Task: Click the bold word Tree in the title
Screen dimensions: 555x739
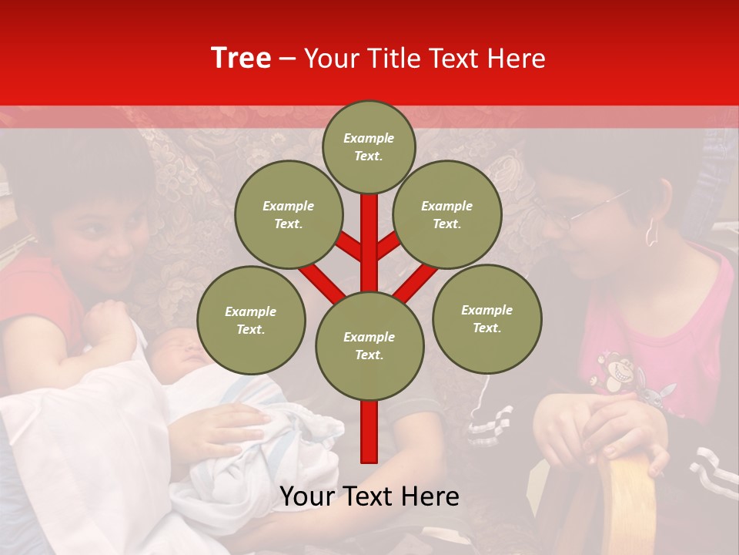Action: [241, 59]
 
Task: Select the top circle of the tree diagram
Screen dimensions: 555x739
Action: [369, 146]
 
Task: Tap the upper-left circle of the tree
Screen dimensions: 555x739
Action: [288, 214]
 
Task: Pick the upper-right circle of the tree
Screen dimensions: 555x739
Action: [446, 214]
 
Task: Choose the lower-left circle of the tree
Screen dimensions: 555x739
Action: [251, 320]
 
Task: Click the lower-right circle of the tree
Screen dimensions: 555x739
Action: [487, 318]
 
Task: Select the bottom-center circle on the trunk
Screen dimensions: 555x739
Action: [369, 345]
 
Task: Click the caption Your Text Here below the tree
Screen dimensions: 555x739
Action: [369, 496]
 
